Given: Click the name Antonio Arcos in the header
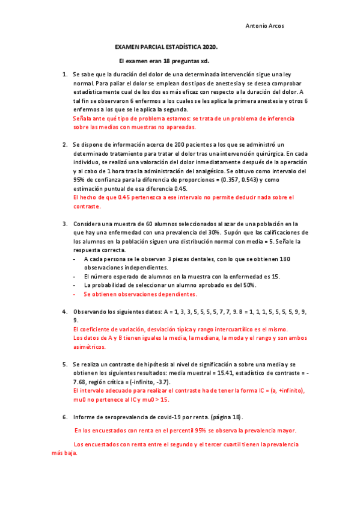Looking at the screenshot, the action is [266, 26].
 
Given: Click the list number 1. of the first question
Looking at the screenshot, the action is [65, 75].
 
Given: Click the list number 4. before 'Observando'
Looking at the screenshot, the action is [65, 312].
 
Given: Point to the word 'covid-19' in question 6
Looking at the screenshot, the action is [158, 417].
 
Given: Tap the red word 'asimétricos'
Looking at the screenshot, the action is [89, 347].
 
